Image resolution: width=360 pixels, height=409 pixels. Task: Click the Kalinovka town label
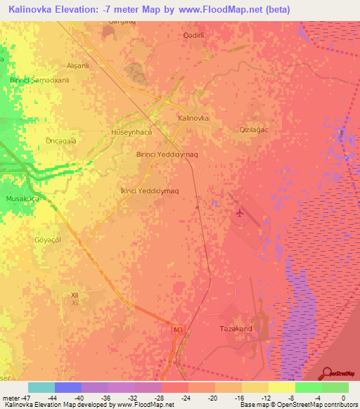(193, 119)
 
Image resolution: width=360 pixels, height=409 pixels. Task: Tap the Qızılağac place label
(255, 130)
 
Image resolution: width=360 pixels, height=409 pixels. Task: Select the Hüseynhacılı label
(128, 131)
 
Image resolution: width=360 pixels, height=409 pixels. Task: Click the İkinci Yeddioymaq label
(149, 190)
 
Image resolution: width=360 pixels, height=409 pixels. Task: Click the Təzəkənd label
(236, 329)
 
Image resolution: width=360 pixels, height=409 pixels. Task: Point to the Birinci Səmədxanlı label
(39, 80)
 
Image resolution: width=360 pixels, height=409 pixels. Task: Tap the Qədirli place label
(193, 35)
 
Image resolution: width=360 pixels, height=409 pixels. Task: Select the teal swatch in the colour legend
(41, 387)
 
